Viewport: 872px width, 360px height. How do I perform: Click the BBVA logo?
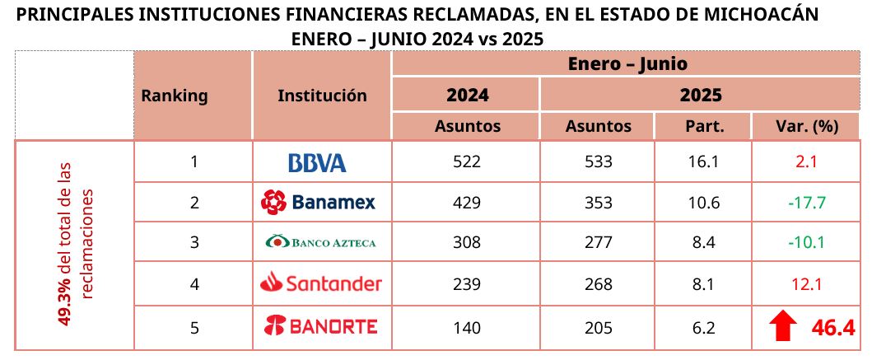coord(317,162)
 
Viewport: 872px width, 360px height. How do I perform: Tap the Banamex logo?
coord(318,202)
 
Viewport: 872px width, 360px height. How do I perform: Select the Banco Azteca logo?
coord(320,242)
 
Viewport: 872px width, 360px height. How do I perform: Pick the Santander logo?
coord(321,284)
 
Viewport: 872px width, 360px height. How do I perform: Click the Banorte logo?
coord(320,327)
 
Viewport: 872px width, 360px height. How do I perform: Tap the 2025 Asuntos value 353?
coord(598,203)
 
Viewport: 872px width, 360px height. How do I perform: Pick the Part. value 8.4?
coord(704,243)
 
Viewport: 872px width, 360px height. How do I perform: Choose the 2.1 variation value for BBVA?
coord(806,162)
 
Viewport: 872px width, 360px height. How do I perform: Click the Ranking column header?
coord(175,96)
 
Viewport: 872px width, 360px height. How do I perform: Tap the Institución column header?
coord(322,96)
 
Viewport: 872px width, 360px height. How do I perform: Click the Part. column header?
coord(704,126)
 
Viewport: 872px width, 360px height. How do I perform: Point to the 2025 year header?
coord(701,95)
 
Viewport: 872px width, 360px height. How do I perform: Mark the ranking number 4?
coord(194,284)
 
